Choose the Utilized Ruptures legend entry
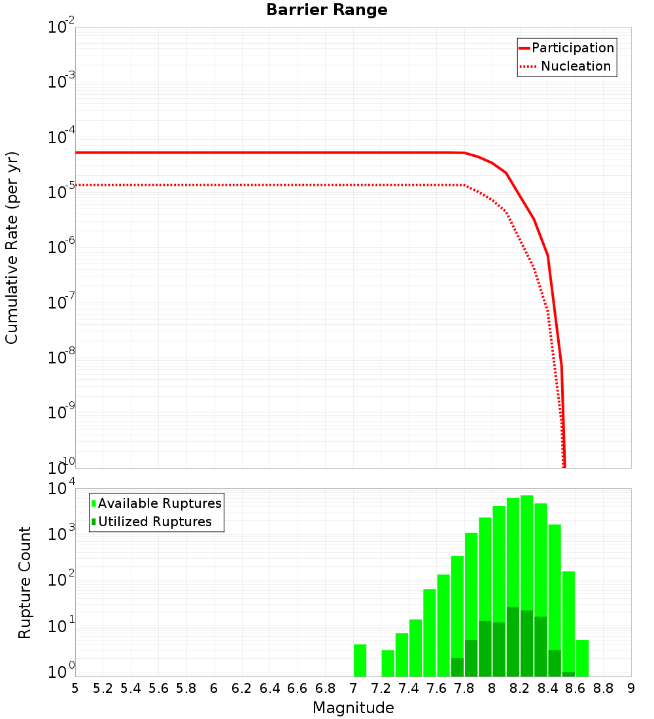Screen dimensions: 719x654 click(154, 522)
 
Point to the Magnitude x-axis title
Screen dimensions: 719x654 click(353, 708)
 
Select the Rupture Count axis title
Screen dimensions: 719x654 click(25, 582)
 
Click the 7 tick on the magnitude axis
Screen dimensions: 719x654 click(353, 688)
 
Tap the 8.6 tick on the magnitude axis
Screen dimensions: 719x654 click(576, 688)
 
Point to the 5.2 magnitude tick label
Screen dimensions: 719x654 click(103, 688)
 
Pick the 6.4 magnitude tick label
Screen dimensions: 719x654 click(269, 688)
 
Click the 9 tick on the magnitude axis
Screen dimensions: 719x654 click(631, 688)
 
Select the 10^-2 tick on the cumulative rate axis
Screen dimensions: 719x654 click(61, 27)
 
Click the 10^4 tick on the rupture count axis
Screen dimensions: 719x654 click(61, 490)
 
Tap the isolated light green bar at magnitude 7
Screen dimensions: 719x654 click(360, 660)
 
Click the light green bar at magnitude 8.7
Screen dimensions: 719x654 click(582, 658)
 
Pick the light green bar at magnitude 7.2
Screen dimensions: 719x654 click(388, 663)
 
